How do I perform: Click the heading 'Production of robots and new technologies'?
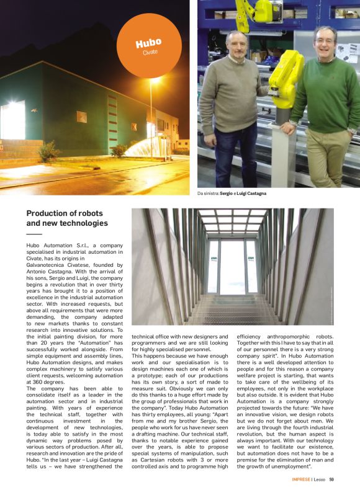[x=67, y=218]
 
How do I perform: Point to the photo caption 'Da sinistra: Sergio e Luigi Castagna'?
[x=232, y=194]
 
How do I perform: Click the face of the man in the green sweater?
[x=324, y=43]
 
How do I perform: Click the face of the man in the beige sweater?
[x=236, y=45]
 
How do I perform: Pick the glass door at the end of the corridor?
[x=232, y=267]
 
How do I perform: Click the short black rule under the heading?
[x=34, y=234]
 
